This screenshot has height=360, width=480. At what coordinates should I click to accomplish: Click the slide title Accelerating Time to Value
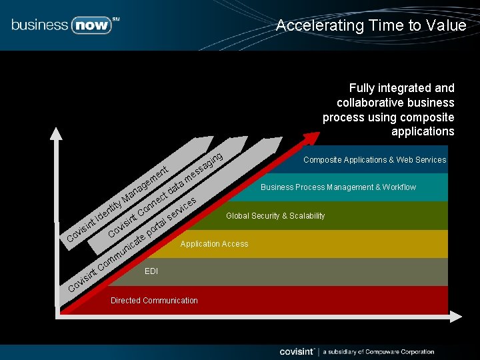(x=371, y=25)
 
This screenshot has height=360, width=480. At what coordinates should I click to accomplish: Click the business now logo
(x=65, y=25)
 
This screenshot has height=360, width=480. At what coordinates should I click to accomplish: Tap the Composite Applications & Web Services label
(x=375, y=160)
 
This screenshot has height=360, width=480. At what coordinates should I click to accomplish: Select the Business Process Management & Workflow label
(x=338, y=187)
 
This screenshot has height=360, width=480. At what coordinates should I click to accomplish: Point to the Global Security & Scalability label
(x=275, y=216)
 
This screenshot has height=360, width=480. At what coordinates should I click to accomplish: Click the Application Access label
(x=214, y=244)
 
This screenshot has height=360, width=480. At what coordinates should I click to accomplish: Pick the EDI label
(x=151, y=271)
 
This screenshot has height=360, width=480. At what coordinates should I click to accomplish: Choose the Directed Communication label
(x=154, y=301)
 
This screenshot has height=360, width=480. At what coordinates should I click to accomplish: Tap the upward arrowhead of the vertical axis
(x=56, y=133)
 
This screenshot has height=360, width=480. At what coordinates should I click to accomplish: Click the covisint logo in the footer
(x=297, y=351)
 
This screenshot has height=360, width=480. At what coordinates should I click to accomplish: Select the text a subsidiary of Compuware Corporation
(x=379, y=352)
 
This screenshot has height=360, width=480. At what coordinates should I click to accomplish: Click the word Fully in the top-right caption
(x=361, y=88)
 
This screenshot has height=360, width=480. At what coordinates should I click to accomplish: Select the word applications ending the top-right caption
(x=423, y=131)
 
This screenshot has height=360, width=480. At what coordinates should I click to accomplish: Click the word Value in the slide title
(x=448, y=25)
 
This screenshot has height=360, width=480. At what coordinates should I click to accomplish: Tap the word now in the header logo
(x=90, y=25)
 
